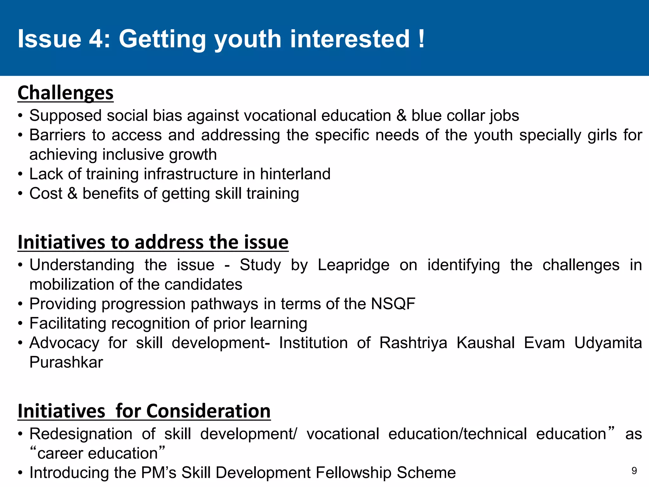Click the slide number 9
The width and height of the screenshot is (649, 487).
(x=634, y=471)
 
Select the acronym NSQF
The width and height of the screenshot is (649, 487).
(x=393, y=304)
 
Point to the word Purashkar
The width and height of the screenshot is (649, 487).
(x=66, y=362)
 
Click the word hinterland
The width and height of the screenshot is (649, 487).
(x=295, y=174)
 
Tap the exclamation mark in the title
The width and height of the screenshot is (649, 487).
(x=421, y=39)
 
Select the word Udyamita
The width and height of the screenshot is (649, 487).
(x=608, y=343)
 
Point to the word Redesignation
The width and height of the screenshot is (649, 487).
(x=81, y=434)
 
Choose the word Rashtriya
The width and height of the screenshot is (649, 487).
(x=413, y=343)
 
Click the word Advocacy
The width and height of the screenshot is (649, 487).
(x=64, y=343)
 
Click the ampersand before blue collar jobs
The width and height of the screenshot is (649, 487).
(x=401, y=115)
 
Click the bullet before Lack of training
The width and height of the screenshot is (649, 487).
(x=20, y=174)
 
